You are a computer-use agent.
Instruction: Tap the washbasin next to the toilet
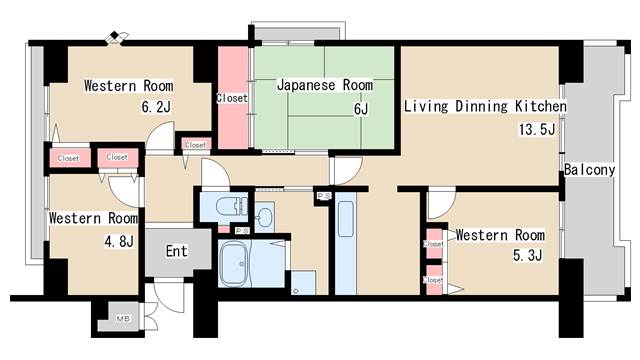pos(264,217)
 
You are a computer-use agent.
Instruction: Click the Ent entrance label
pos(176,251)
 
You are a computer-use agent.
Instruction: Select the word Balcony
pos(589,170)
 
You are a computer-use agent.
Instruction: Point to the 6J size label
pos(360,109)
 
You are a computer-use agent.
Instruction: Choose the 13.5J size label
pos(535,130)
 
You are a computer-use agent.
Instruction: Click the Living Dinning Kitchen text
pos(485,105)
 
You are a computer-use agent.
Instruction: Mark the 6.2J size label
pos(156,107)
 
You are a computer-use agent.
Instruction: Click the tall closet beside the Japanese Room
pos(232,98)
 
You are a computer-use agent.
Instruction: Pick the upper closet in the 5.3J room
pos(434,243)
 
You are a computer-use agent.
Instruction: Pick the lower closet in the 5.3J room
pos(434,279)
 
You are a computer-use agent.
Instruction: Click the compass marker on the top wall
pos(118,38)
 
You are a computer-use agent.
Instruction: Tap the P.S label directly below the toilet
pos(242,231)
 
